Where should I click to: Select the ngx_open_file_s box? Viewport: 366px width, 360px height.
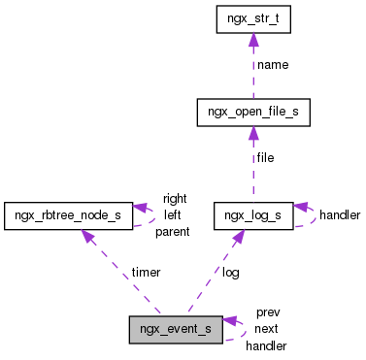click(x=252, y=112)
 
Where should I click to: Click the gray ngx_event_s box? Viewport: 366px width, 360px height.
click(x=176, y=329)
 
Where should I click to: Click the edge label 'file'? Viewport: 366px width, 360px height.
click(x=265, y=157)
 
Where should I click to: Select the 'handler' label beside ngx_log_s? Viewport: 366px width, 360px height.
click(x=340, y=213)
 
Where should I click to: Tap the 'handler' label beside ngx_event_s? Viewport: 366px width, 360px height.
click(x=266, y=344)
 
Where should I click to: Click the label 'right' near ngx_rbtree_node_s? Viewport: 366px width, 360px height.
click(x=175, y=198)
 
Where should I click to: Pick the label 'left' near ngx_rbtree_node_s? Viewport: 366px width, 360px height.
click(x=172, y=214)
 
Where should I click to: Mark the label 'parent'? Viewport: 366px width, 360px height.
click(x=172, y=231)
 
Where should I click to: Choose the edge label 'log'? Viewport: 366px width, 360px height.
click(x=230, y=273)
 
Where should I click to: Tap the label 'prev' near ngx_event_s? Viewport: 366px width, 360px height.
click(x=268, y=312)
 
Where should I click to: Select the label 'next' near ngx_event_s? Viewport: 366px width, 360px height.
click(x=267, y=329)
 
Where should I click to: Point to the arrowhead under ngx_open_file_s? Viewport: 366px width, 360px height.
click(x=252, y=133)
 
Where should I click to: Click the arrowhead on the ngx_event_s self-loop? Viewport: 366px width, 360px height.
click(x=230, y=320)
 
